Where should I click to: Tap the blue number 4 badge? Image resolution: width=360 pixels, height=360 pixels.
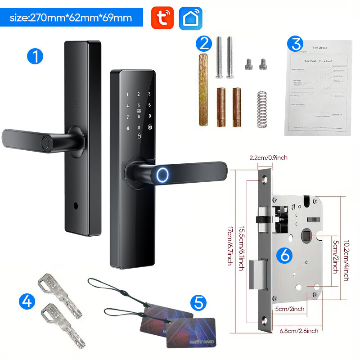click(27, 300)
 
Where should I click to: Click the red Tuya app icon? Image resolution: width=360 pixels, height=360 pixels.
click(162, 18)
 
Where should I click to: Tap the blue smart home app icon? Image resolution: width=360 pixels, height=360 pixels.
click(190, 18)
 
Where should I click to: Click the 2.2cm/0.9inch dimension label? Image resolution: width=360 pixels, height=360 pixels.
click(269, 157)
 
